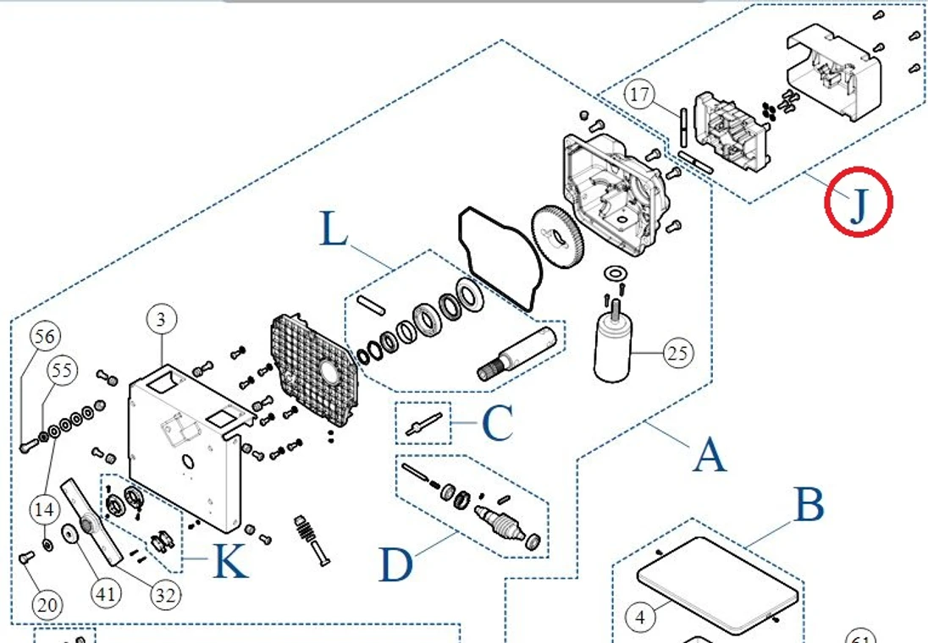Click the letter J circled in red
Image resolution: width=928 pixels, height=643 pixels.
[859, 202]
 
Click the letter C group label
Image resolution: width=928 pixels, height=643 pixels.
[497, 425]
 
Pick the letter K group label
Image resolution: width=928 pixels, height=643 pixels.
[229, 561]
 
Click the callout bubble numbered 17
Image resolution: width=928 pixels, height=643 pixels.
[641, 95]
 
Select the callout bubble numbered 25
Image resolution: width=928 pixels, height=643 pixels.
[677, 353]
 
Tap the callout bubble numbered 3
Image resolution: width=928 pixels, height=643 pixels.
[162, 320]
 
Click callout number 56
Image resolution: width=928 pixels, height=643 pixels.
[47, 336]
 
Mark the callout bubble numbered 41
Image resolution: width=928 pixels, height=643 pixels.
[105, 595]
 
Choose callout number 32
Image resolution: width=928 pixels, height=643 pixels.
[165, 595]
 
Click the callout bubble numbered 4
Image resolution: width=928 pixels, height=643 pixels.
[640, 618]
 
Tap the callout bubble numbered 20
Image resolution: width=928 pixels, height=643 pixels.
[47, 605]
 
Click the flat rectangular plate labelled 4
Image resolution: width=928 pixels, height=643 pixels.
[718, 584]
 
